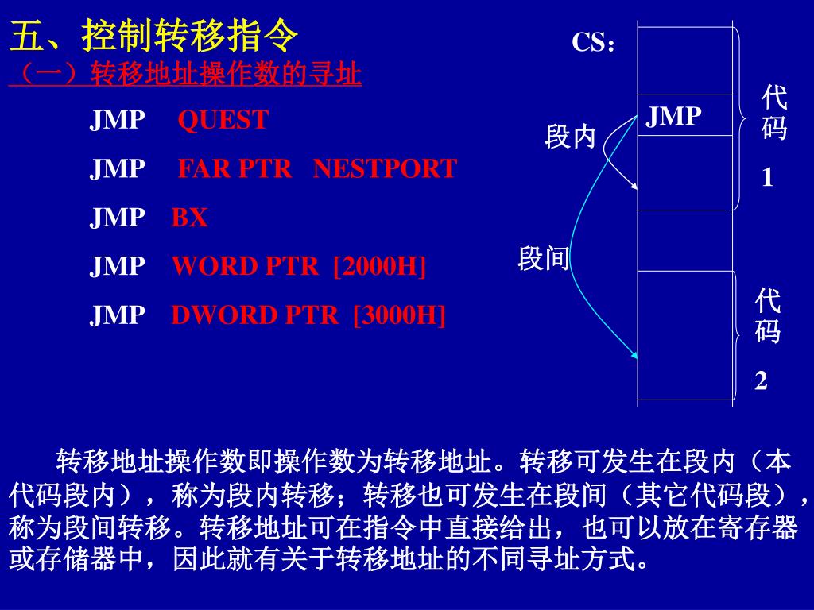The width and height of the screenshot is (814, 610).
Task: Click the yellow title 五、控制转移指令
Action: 154,37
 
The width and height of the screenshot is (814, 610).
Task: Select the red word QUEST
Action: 223,121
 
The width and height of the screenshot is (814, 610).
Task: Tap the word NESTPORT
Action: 385,169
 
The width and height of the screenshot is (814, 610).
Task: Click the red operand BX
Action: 189,218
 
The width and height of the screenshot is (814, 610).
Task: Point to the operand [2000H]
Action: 380,266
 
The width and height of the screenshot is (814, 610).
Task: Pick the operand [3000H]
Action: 399,315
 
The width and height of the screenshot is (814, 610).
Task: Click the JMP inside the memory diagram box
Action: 673,118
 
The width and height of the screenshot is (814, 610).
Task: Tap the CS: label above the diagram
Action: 594,44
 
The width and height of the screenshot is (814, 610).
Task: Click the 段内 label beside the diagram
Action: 570,137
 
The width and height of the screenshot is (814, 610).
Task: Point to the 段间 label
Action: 544,259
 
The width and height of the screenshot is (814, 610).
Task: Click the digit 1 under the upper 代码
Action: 767,179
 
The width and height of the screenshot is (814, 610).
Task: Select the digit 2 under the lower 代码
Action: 762,382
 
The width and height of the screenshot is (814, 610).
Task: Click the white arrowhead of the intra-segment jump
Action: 635,187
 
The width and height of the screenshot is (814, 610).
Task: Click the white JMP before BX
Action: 117,218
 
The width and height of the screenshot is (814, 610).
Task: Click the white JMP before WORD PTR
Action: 117,266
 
